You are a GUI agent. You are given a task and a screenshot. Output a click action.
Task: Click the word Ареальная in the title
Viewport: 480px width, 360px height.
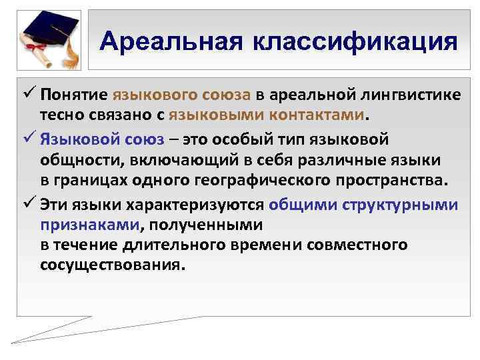[x=170, y=42]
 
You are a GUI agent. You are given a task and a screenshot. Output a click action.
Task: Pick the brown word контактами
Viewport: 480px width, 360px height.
[x=319, y=115]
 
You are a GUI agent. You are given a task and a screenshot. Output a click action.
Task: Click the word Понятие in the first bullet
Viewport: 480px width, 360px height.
[x=73, y=95]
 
